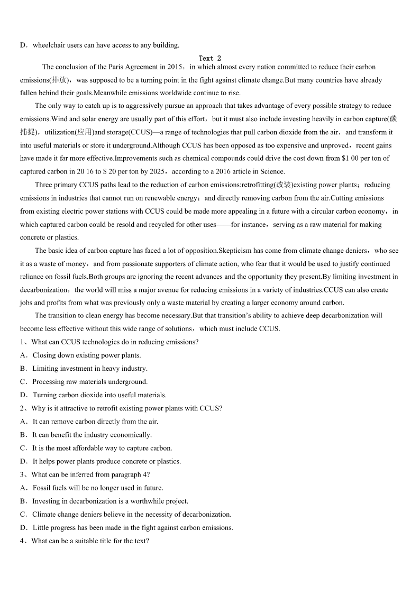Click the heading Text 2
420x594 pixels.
pos(210,58)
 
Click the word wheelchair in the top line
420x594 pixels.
pos(49,45)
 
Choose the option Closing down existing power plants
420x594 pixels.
pos(86,355)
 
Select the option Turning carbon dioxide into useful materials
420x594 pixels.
pos(99,395)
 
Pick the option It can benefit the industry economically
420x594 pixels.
pos(92,435)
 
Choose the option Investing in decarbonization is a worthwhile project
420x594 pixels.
pos(109,501)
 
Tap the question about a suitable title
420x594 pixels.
pos(89,541)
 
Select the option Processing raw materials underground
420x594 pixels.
pos(89,382)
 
